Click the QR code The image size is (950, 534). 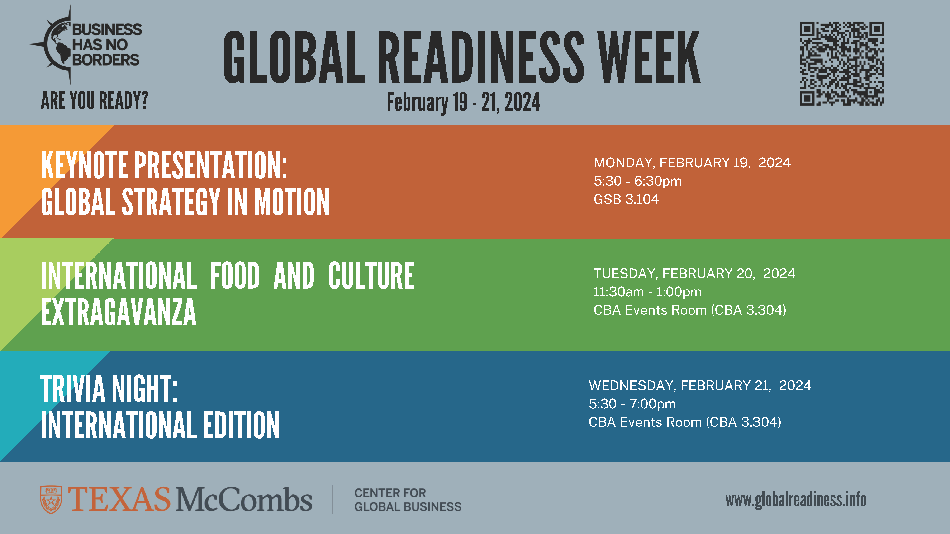point(841,63)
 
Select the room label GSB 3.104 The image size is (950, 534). point(626,199)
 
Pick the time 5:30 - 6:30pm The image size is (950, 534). point(637,181)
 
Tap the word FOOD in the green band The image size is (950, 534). point(235,275)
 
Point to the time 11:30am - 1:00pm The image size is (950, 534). point(647,292)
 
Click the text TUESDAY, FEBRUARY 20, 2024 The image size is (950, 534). point(694,273)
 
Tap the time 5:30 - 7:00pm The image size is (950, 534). point(632,404)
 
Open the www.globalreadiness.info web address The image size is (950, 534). point(795,500)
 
